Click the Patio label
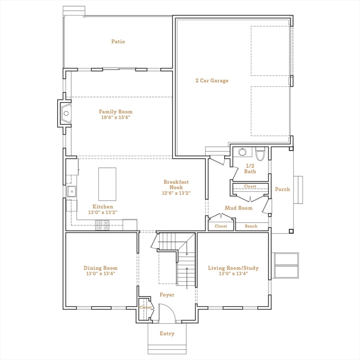[118, 42]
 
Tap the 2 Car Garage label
[212, 81]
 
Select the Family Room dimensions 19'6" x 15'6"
[115, 118]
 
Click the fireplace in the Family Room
[66, 112]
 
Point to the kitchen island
[107, 184]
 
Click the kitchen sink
[72, 191]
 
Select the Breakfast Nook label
[176, 184]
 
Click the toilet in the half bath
[261, 153]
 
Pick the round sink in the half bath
[242, 152]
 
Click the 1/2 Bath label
[250, 168]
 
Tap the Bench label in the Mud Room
[251, 226]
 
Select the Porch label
[282, 189]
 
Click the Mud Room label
[239, 208]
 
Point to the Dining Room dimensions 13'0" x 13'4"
[100, 274]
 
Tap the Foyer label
[167, 295]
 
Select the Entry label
[167, 334]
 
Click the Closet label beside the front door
[145, 307]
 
